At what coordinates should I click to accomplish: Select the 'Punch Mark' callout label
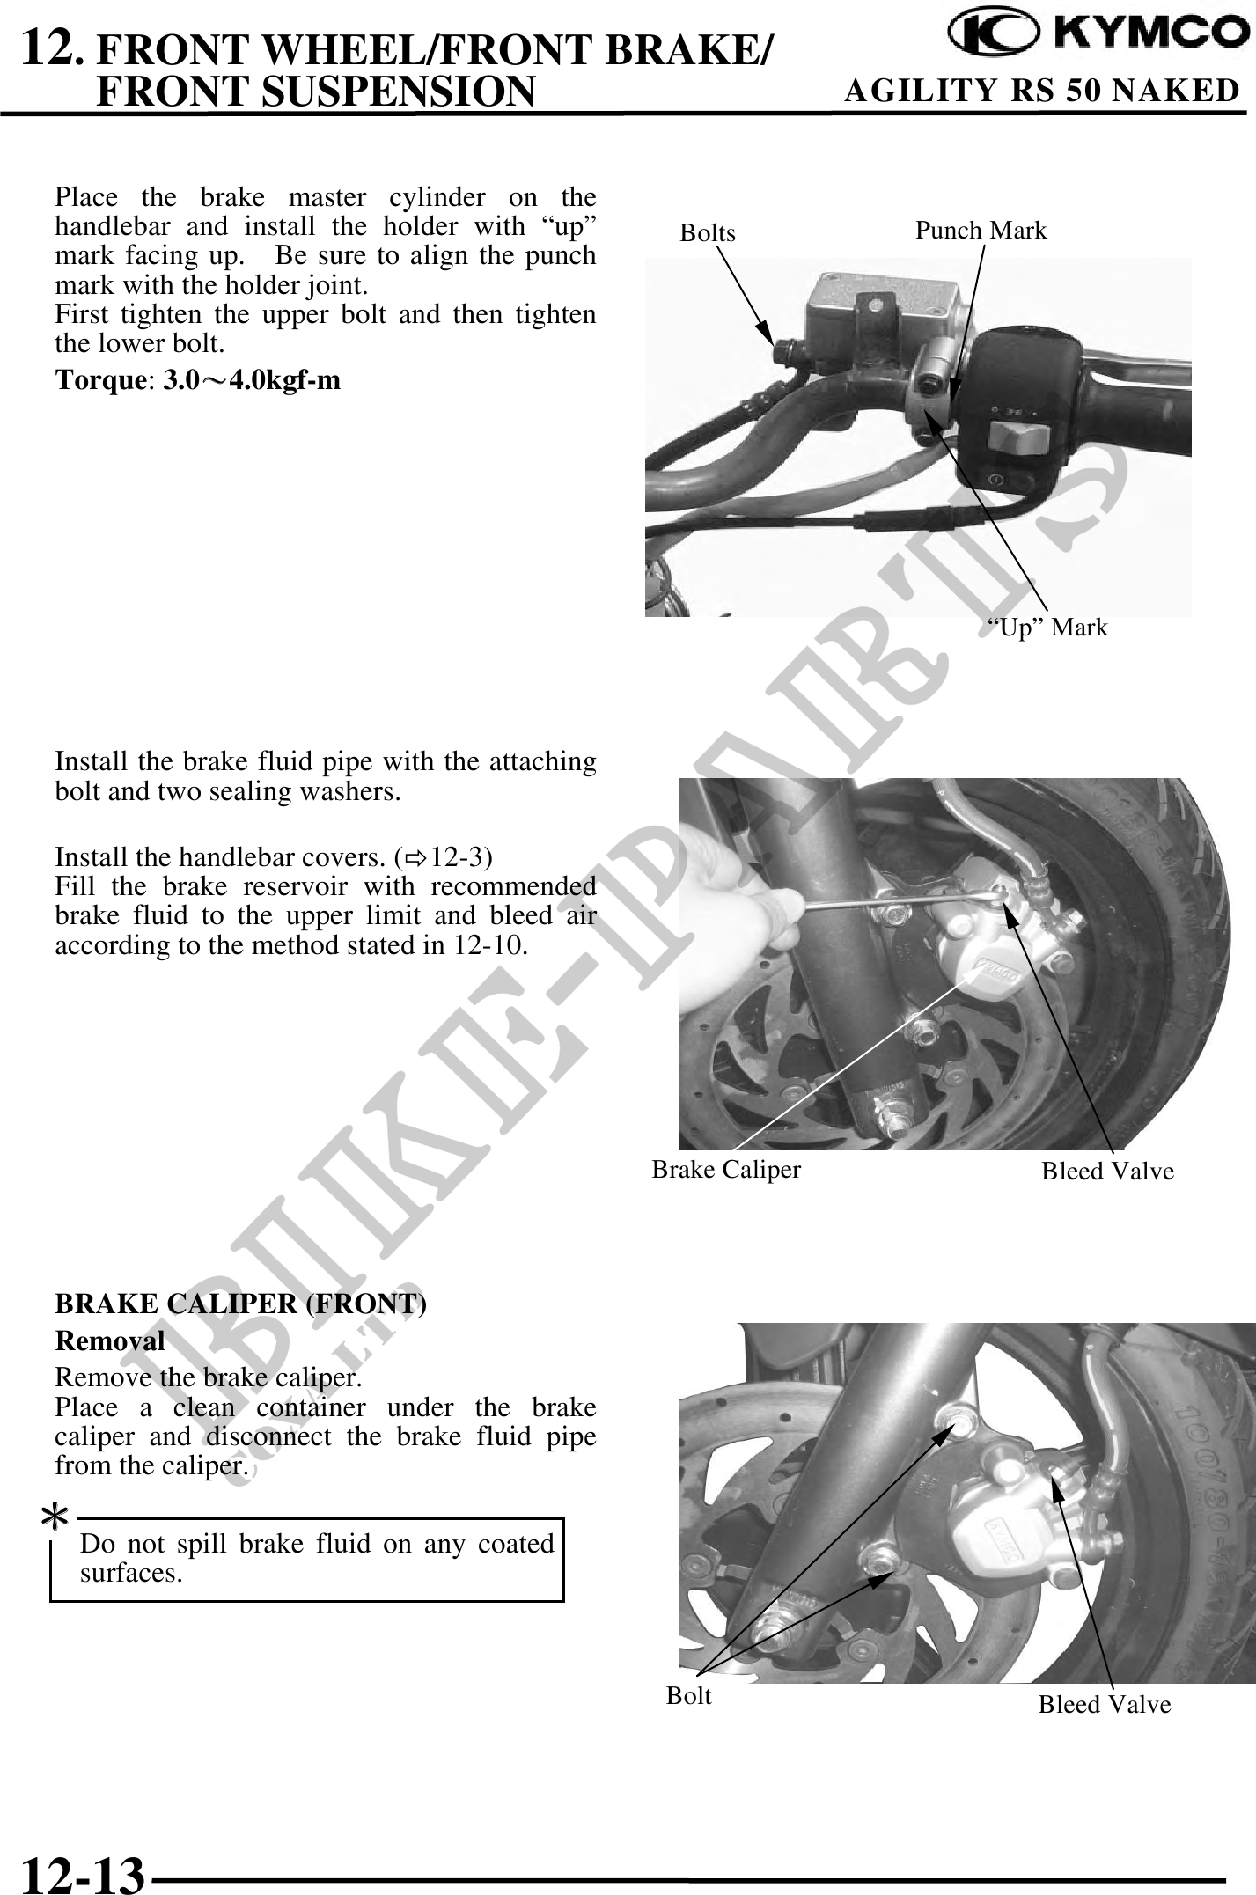tap(981, 231)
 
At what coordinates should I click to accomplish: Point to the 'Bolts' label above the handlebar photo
tap(708, 233)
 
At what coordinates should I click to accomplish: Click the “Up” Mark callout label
tap(1047, 628)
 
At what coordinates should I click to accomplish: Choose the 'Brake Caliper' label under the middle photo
tap(726, 1169)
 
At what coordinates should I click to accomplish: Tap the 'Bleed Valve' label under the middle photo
tap(1107, 1171)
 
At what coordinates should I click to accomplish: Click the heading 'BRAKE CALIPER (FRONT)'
tap(241, 1304)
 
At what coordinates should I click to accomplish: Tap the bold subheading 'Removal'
tap(110, 1341)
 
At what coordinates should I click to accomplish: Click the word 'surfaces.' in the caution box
tap(131, 1573)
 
